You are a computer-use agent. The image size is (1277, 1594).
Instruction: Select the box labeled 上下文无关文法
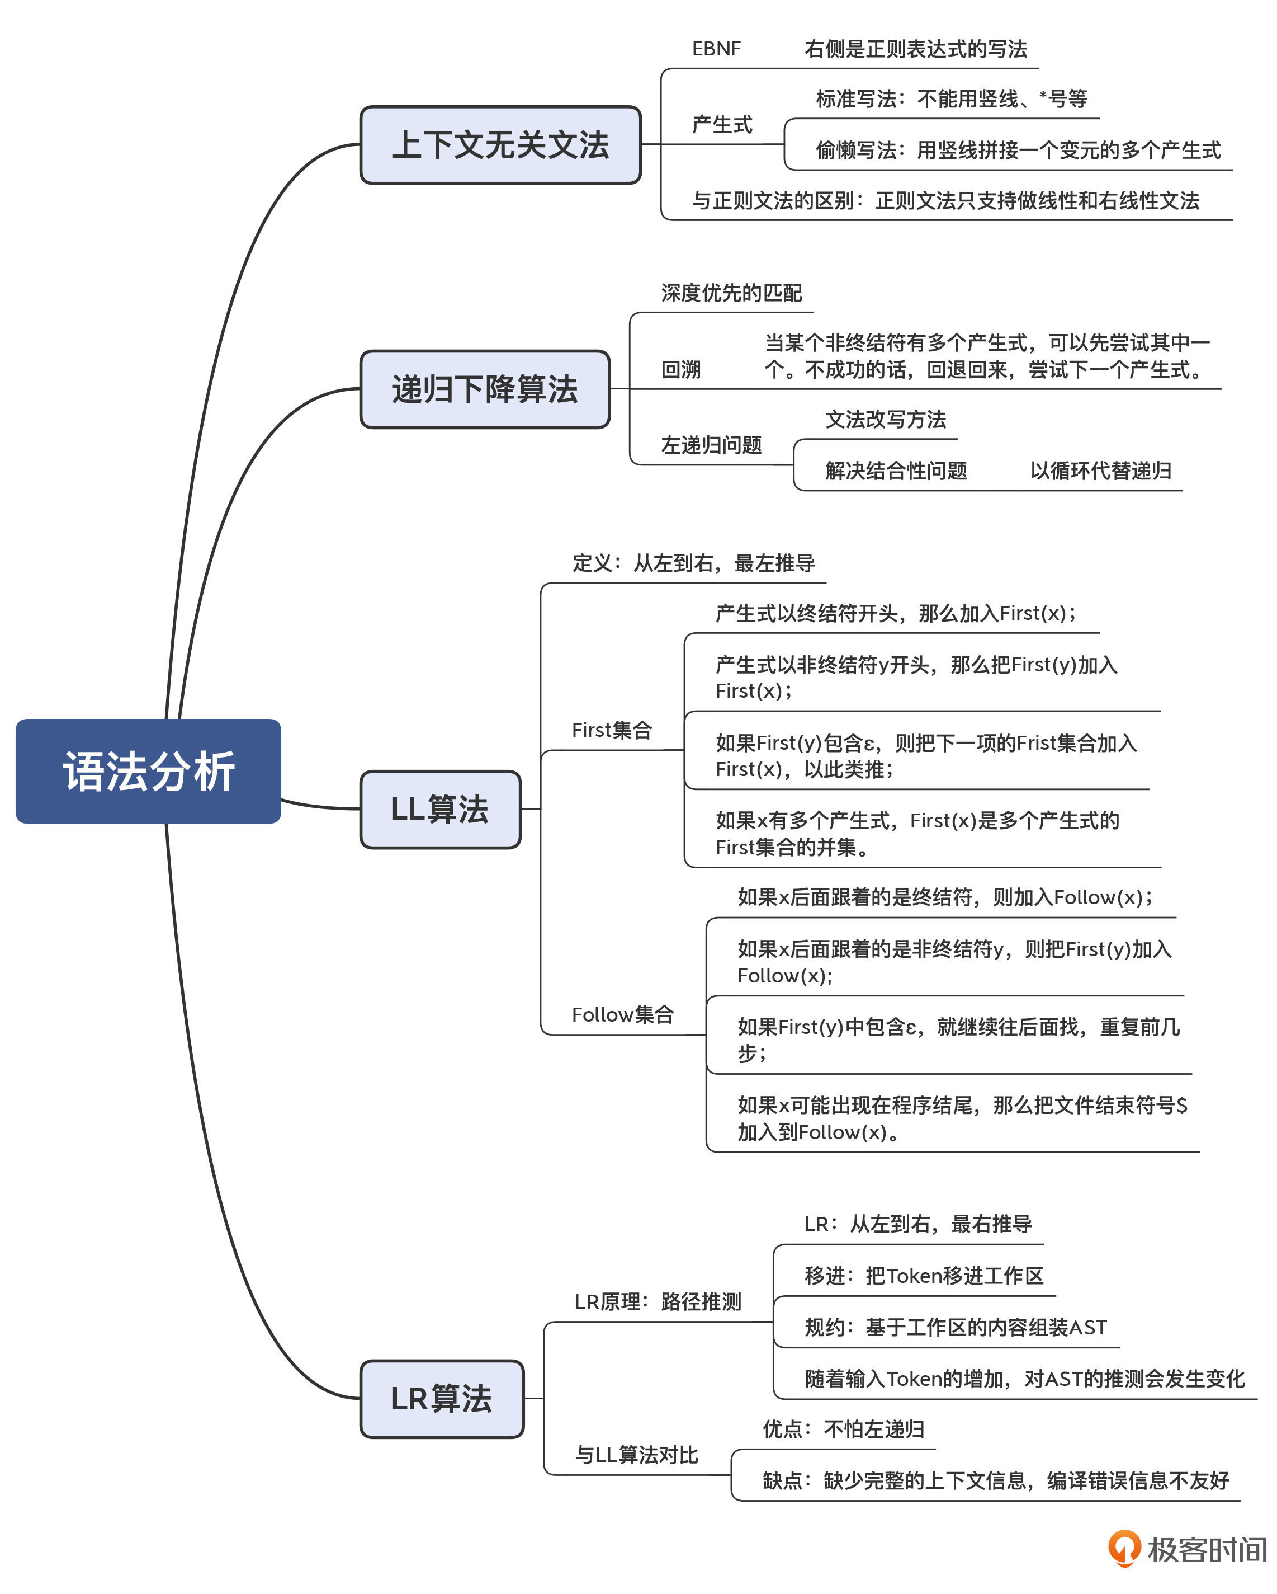[500, 145]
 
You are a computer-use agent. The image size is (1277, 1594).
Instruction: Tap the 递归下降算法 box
[485, 389]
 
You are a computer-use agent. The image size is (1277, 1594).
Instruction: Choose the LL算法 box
[441, 809]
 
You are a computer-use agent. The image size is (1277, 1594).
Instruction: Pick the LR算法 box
[442, 1398]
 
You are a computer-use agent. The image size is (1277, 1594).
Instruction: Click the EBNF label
[716, 49]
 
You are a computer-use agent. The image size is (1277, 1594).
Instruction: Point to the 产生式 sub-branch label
[722, 124]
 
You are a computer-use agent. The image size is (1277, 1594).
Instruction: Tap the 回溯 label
[680, 369]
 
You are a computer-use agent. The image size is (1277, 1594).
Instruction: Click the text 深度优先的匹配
[732, 293]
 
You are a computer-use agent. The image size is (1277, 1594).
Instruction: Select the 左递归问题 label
[711, 445]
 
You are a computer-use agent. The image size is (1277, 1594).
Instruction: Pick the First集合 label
[612, 730]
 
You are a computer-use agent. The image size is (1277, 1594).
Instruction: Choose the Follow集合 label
[622, 1014]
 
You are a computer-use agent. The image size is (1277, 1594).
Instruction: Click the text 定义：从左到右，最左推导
[693, 563]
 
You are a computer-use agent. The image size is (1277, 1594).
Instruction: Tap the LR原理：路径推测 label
[658, 1301]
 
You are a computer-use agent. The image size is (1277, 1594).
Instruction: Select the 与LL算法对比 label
[636, 1455]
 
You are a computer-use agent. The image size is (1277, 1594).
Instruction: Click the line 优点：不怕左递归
[843, 1429]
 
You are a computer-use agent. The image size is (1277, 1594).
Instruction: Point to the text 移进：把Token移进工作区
[924, 1275]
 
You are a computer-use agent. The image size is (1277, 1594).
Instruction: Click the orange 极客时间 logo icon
[1124, 1548]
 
